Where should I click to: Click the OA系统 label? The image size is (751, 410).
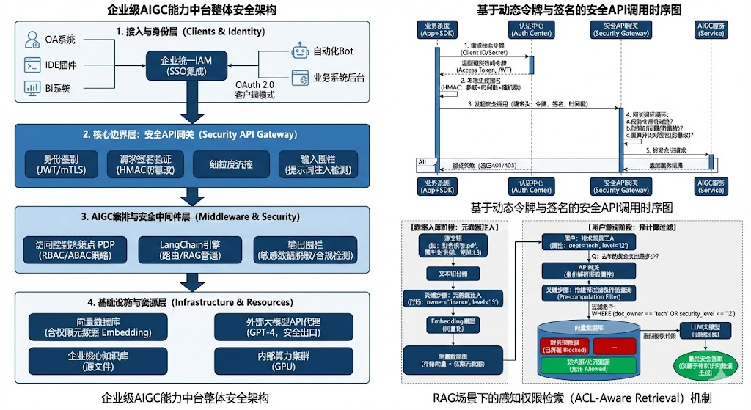[60, 40]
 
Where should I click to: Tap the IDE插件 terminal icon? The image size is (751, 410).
[32, 65]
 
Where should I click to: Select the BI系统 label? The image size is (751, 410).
[57, 89]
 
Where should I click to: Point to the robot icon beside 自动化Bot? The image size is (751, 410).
[298, 51]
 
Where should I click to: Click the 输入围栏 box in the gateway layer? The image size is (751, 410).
[318, 164]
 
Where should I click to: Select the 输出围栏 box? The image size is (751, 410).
[305, 250]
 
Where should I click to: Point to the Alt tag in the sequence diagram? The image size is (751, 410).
[422, 161]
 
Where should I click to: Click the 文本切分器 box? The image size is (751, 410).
[447, 273]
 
